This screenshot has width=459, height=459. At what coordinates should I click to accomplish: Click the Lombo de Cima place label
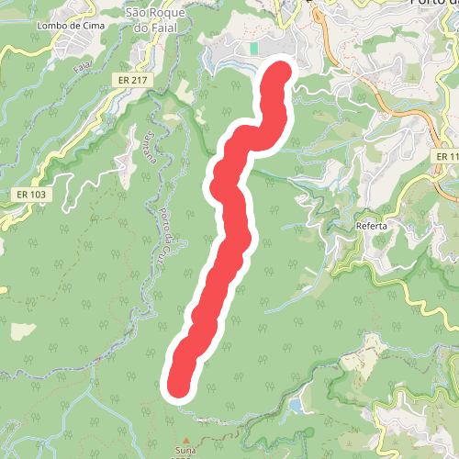point(70,25)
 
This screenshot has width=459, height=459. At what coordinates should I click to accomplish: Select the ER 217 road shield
point(133,81)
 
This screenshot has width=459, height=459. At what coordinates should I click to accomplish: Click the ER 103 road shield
point(31,195)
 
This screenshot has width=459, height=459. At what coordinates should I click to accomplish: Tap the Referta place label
point(371,225)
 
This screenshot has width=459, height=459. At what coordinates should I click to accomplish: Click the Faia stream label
point(82,68)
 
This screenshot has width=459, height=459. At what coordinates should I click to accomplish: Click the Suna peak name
point(185,451)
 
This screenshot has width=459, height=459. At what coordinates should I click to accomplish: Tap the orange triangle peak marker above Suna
point(185,441)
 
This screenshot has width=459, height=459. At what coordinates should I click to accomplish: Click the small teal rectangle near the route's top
point(253,48)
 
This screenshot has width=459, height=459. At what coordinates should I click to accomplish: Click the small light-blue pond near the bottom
point(295,405)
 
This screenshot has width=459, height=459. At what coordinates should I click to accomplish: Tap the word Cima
point(92,25)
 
